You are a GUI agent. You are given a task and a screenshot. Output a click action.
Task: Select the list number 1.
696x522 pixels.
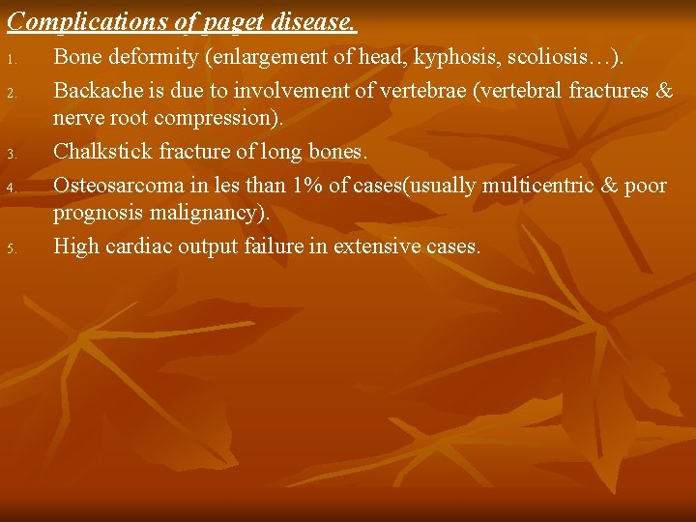(11, 62)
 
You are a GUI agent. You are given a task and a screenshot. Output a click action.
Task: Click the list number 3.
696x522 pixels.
(11, 155)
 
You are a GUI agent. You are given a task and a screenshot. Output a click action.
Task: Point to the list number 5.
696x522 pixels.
(11, 248)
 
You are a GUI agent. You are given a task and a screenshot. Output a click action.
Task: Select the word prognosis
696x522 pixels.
(97, 214)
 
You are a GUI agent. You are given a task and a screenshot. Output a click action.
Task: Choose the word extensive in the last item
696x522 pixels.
(377, 246)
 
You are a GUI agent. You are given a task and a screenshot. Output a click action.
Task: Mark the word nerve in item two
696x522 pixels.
(77, 120)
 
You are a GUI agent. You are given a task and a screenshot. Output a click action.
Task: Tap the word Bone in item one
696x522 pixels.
(76, 58)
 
